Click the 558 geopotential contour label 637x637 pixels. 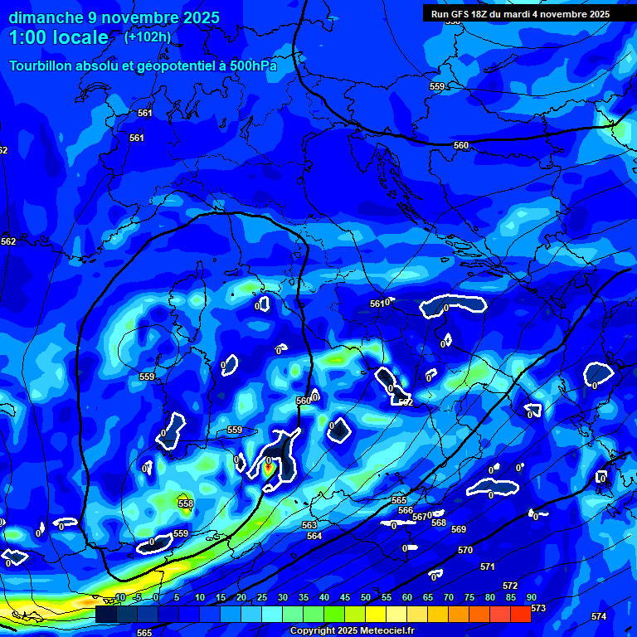click(x=186, y=503)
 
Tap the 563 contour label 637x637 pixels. click(x=309, y=525)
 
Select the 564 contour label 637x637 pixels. click(x=314, y=536)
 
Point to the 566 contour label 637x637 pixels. click(x=406, y=510)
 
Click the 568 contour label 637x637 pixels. click(x=439, y=523)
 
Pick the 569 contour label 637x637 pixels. click(x=459, y=529)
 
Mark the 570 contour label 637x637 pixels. click(x=465, y=550)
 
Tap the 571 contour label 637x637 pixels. click(x=488, y=566)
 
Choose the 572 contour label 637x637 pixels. click(x=510, y=586)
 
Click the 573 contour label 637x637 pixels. click(x=538, y=608)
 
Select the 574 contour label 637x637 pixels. click(x=599, y=616)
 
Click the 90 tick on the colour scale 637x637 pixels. click(x=531, y=597)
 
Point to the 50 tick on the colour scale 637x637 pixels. click(x=366, y=597)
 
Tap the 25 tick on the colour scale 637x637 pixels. click(x=262, y=597)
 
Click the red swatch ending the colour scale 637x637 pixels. click(x=520, y=614)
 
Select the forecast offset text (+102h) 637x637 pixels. click(x=147, y=36)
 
